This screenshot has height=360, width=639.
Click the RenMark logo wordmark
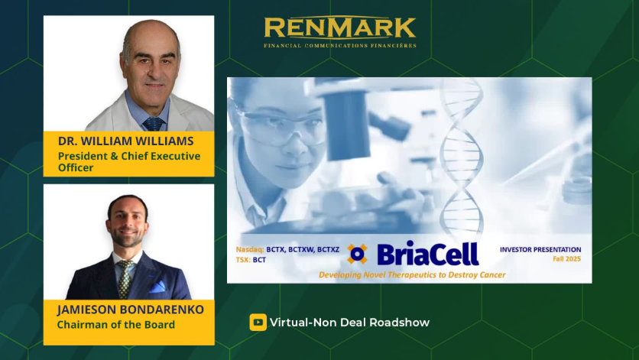(x=340, y=28)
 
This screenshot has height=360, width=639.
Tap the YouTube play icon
(x=258, y=322)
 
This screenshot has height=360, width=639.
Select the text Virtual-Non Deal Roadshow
(x=349, y=323)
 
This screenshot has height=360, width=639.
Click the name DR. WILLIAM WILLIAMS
(x=125, y=141)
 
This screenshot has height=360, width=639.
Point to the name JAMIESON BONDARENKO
(x=131, y=310)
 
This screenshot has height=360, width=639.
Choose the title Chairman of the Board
(x=115, y=325)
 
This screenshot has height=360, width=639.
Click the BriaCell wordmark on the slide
(x=427, y=254)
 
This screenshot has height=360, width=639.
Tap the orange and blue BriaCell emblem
(x=357, y=254)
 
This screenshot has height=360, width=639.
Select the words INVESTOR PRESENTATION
(x=540, y=249)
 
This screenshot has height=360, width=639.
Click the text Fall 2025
(x=567, y=259)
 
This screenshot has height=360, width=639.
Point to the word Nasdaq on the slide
(x=249, y=249)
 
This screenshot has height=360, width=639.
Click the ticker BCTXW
(x=301, y=249)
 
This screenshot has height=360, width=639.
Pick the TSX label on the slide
(x=243, y=260)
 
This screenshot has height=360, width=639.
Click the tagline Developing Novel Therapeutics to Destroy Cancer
(x=412, y=275)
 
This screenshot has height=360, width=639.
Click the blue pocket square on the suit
(x=157, y=287)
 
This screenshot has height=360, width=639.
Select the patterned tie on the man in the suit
(x=125, y=279)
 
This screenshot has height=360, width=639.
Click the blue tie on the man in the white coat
(x=154, y=124)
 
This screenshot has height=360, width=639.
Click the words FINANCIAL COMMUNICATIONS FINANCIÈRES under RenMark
(x=340, y=46)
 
